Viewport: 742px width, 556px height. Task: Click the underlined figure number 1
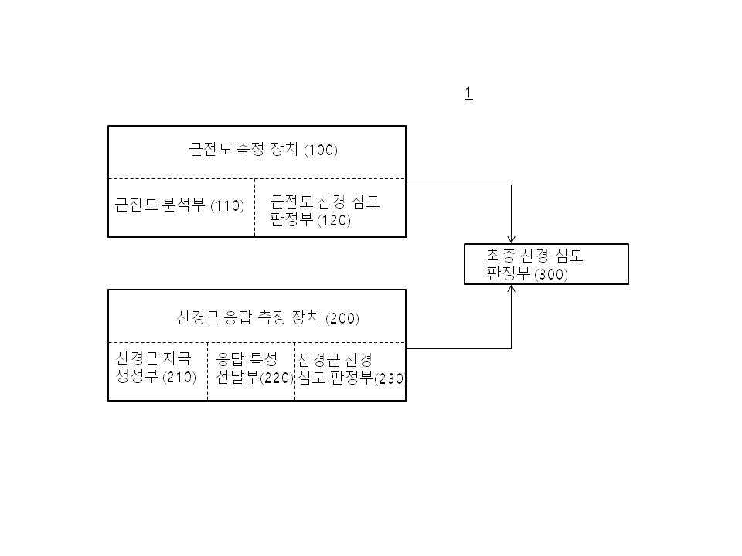point(468,93)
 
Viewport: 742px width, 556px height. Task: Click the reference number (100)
point(320,151)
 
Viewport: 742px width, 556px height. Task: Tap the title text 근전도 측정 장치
point(244,150)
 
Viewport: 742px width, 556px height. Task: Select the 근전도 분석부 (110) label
point(179,205)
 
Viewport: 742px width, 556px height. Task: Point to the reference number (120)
point(334,220)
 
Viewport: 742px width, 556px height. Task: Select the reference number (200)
point(342,318)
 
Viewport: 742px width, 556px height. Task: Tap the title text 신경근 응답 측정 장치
point(250,317)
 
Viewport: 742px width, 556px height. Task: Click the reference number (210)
point(179,378)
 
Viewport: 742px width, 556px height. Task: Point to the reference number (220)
point(277,378)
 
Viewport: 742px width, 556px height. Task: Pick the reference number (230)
point(390,379)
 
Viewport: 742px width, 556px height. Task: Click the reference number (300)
point(551,275)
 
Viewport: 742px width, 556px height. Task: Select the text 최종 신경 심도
point(535,256)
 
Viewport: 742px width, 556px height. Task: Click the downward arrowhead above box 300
point(512,239)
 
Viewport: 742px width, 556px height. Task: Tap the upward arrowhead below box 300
point(512,289)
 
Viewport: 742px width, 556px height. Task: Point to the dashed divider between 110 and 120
point(254,208)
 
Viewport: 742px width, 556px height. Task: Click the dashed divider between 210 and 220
point(207,371)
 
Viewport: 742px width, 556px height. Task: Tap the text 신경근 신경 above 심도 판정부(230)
point(335,360)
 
